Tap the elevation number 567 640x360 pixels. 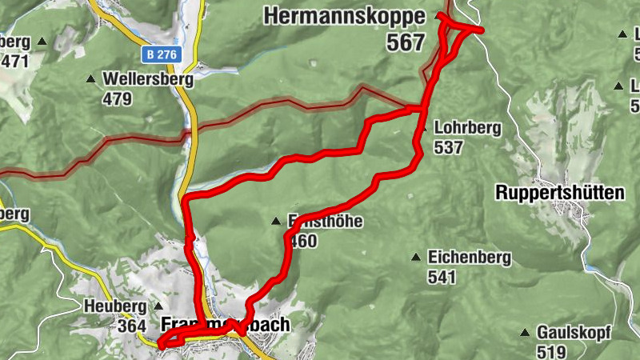[x=405, y=43]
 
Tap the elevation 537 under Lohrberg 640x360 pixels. [x=449, y=147]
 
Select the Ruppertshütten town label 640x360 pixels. [x=559, y=193]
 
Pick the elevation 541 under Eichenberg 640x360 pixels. [x=441, y=278]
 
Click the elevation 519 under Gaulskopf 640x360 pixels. [x=552, y=351]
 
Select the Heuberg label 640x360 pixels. [x=114, y=306]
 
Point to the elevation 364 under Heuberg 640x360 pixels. [x=130, y=326]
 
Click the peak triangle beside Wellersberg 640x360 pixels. [x=90, y=79]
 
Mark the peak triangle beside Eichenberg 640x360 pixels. [x=416, y=257]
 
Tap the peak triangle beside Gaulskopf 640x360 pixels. [x=525, y=333]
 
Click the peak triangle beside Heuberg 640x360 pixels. [x=158, y=306]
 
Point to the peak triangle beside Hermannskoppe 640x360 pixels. [x=438, y=16]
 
